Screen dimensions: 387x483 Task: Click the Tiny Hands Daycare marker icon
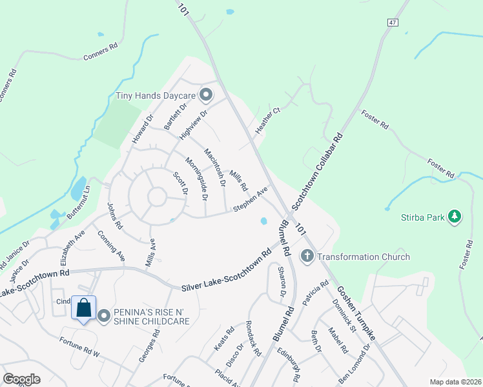coord(206,96)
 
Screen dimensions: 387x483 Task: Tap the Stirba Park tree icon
coord(455,217)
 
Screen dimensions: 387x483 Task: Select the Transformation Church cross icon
coord(307,257)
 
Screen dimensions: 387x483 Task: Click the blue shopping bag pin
coord(84,308)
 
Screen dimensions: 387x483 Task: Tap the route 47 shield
coord(392,22)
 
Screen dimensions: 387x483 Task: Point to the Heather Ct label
coord(268,121)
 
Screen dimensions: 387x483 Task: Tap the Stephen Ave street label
coord(251,200)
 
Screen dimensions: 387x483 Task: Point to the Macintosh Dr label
coord(214,167)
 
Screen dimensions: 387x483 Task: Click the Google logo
coord(21,379)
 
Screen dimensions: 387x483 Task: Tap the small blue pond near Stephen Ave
coord(264,221)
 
